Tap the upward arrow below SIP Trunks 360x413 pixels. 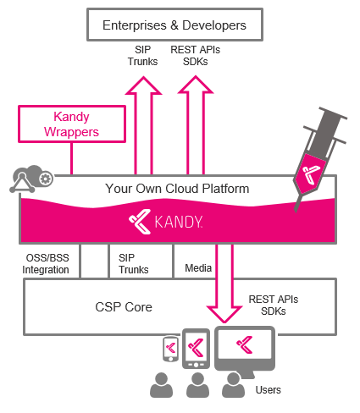[x=144, y=125]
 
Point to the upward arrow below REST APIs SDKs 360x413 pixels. [x=196, y=125]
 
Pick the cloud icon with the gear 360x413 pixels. [x=31, y=179]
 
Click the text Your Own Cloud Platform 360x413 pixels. [x=177, y=189]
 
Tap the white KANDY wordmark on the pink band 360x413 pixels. [x=179, y=222]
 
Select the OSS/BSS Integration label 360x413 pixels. [x=46, y=264]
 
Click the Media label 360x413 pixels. [x=198, y=268]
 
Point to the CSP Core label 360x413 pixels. [x=124, y=307]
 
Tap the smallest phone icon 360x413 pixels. [x=171, y=349]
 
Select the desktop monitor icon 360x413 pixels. [x=245, y=350]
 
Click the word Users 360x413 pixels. [x=269, y=390]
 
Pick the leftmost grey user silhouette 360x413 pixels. [x=161, y=385]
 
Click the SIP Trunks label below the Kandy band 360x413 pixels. [x=134, y=264]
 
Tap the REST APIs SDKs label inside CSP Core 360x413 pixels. [x=274, y=306]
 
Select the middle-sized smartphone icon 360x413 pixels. [x=196, y=349]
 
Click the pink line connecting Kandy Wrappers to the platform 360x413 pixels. [x=72, y=158]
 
